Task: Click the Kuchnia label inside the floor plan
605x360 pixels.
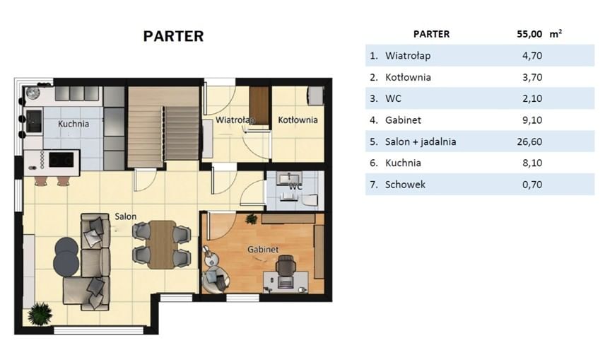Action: point(74,124)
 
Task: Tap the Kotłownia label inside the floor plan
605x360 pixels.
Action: point(298,120)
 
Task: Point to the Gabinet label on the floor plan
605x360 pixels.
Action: point(263,250)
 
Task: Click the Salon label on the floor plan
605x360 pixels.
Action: point(125,216)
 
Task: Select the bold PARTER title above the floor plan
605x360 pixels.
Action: point(173,36)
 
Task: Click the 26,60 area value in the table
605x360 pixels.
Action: point(529,141)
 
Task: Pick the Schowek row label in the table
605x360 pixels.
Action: point(405,185)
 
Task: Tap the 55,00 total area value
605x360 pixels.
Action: point(529,34)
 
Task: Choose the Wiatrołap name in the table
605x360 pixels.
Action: point(408,56)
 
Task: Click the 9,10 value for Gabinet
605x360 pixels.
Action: point(532,120)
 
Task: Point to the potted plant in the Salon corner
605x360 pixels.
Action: point(40,313)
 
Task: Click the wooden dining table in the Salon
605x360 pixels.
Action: point(162,244)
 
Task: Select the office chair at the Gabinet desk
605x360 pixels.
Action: point(286,265)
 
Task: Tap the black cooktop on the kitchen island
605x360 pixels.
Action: point(61,160)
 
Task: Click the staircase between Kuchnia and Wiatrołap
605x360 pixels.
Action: point(163,127)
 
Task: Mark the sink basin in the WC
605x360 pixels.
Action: point(289,179)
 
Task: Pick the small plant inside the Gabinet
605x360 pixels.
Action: point(251,219)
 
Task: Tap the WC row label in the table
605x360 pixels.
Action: point(393,98)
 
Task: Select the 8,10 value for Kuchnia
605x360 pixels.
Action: point(532,163)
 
